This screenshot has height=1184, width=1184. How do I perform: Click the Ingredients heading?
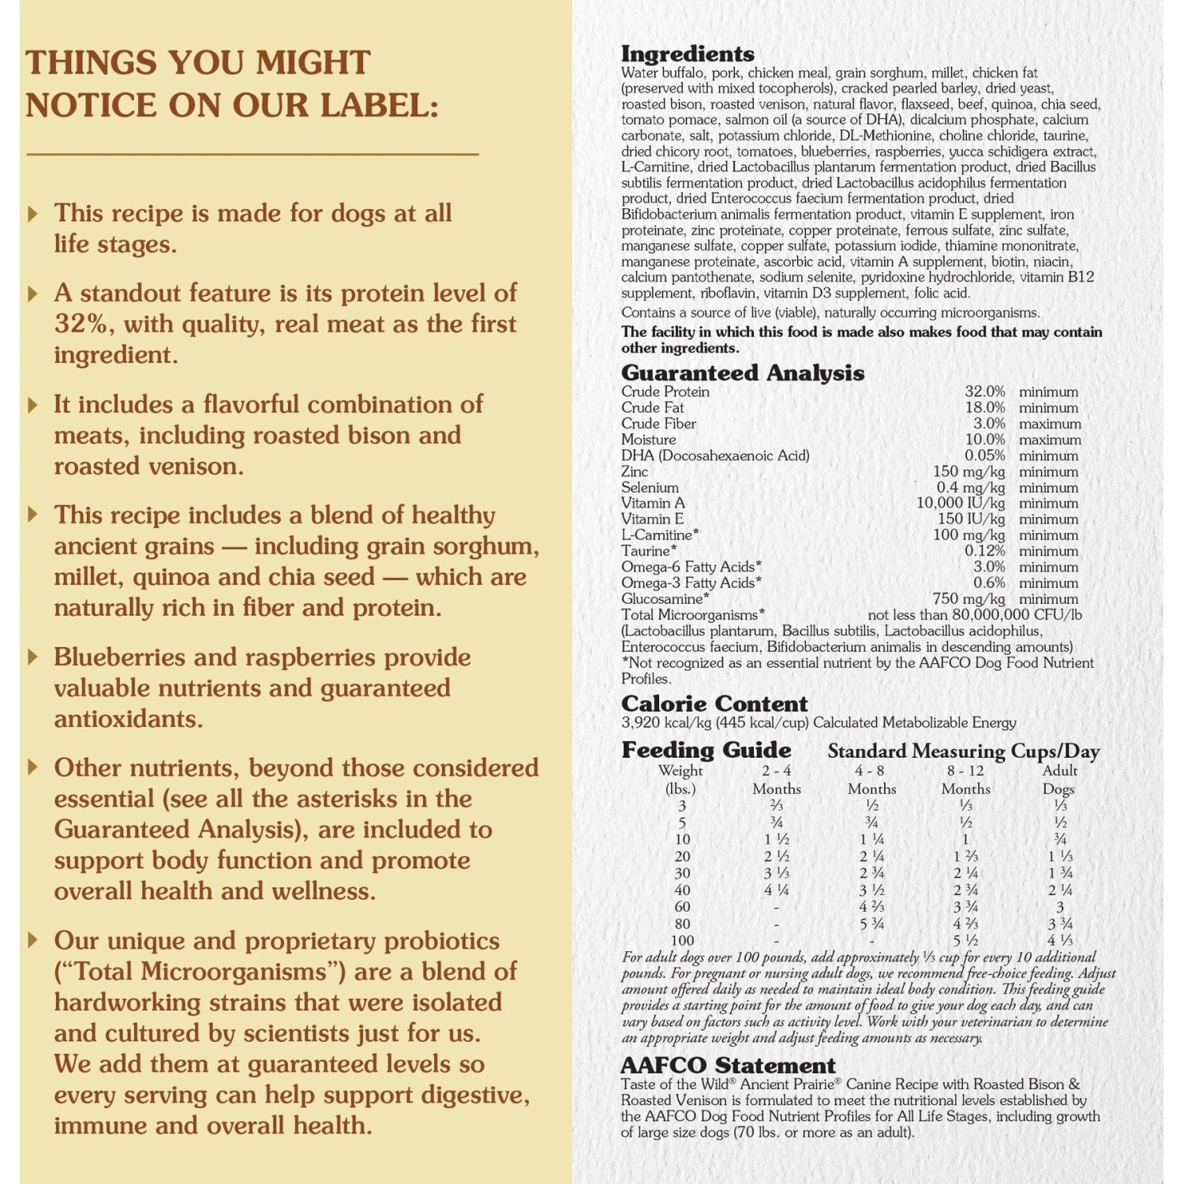[x=688, y=54]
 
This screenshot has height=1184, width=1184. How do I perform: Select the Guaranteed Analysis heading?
[x=742, y=373]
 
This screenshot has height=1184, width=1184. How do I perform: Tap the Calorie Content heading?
[x=714, y=703]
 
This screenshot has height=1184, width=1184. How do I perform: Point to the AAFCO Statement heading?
[x=728, y=1066]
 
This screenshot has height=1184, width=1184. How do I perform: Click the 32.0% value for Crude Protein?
[x=984, y=392]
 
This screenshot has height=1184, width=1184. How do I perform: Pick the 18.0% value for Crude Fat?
[x=984, y=407]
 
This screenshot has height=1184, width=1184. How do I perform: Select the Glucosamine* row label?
[x=665, y=598]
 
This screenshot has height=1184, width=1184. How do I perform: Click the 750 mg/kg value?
[x=969, y=598]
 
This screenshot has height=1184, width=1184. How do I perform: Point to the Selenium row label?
[x=650, y=488]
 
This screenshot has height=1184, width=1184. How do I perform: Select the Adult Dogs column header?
[x=1059, y=779]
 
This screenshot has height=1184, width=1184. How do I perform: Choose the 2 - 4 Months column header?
[x=777, y=779]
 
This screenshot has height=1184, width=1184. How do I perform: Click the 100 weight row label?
[x=682, y=941]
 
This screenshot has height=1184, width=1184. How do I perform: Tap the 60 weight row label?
[x=682, y=907]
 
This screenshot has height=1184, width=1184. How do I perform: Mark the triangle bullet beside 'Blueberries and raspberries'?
[x=32, y=657]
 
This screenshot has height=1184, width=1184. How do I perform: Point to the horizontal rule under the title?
[x=253, y=154]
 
